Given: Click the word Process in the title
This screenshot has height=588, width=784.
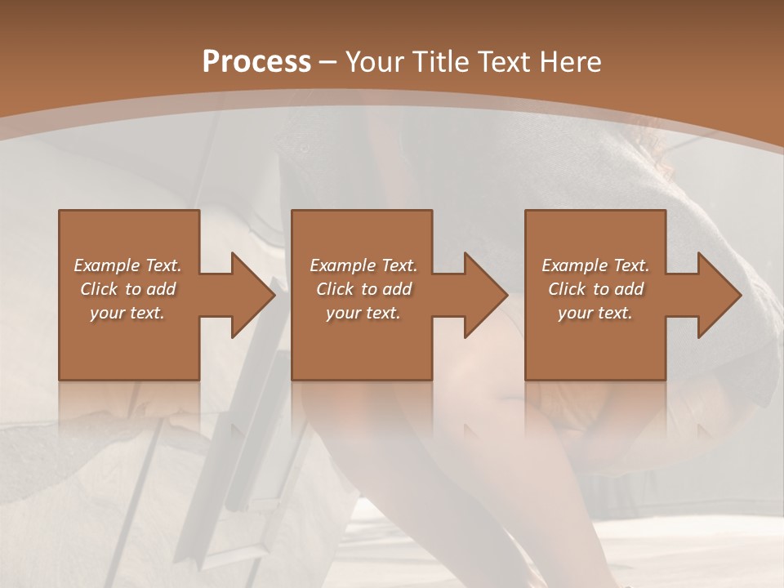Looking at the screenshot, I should click(x=256, y=61).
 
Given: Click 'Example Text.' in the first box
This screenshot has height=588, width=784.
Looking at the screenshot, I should click(x=128, y=265).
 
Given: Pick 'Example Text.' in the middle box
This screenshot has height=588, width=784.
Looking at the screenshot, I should click(x=363, y=265).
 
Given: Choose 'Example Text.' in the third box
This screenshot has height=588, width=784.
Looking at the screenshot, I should click(x=595, y=265).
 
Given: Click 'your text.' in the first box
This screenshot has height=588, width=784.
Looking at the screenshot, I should click(x=128, y=313).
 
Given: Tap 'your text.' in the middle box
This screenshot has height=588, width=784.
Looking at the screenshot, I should click(x=363, y=313).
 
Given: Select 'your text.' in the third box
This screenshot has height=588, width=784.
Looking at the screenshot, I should click(x=595, y=313).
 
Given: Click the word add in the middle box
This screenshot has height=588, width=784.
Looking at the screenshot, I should click(x=397, y=289).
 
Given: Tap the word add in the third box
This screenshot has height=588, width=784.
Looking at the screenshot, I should click(x=629, y=289).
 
